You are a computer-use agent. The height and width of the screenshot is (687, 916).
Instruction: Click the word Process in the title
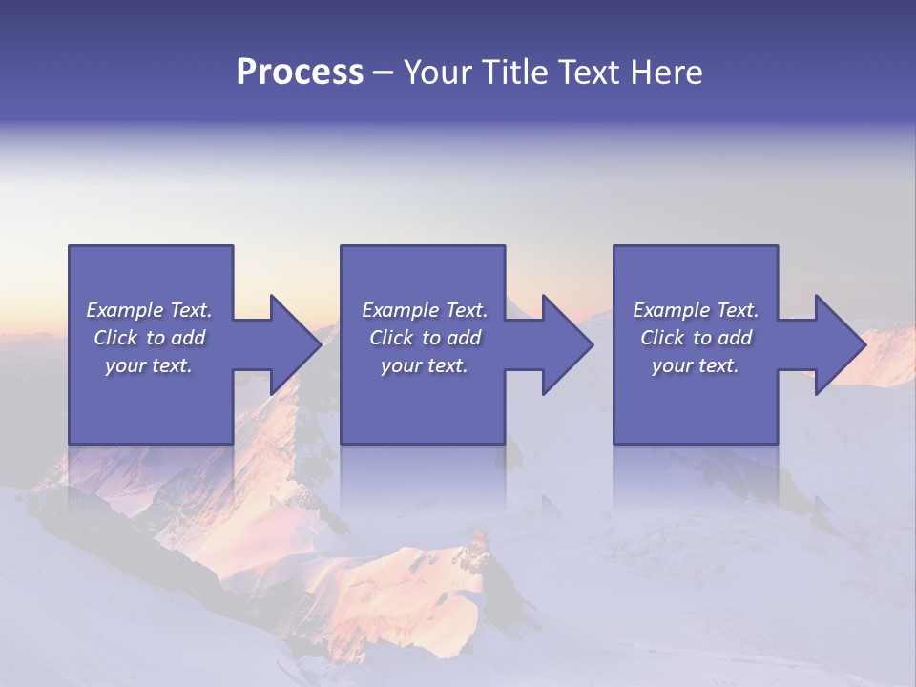pos(300,73)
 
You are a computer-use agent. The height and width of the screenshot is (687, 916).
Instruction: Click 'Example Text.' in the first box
pos(149,310)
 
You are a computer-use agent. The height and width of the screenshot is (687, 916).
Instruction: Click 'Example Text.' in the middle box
pos(425,310)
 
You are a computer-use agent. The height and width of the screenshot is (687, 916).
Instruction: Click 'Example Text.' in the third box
pos(696,310)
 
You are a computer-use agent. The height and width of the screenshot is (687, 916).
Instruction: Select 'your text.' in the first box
pos(149,365)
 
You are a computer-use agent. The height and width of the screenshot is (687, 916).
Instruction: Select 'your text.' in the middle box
pos(425,365)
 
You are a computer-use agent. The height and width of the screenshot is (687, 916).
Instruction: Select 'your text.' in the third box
pos(696,365)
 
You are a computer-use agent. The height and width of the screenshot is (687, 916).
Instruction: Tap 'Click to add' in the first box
pos(149,338)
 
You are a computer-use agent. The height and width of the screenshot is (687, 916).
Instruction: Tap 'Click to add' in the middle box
pos(425,338)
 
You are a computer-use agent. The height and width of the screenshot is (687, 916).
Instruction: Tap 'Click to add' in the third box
pos(696,338)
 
